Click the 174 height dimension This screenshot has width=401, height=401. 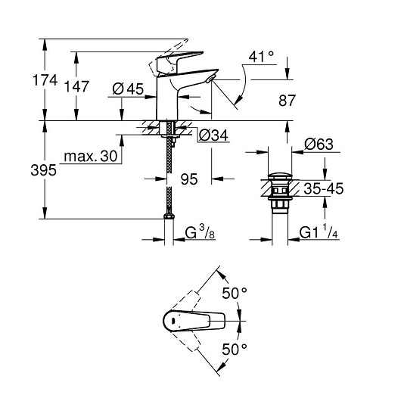[45, 80]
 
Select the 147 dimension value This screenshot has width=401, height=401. [76, 86]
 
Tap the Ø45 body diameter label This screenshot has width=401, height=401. [128, 89]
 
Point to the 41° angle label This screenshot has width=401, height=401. [261, 56]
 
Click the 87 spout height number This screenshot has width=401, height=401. [287, 100]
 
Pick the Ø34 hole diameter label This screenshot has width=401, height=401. [213, 135]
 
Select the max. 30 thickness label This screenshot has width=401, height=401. [91, 156]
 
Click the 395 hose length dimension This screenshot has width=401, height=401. [43, 170]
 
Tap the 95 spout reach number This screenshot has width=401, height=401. [189, 179]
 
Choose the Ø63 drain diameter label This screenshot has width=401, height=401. [319, 145]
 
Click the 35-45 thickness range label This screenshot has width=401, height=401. [324, 188]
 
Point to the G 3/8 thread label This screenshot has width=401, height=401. [200, 233]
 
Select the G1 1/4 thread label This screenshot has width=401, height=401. [319, 232]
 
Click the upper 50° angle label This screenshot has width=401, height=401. [235, 293]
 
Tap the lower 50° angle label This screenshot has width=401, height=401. [235, 349]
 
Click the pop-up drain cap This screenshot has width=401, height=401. [280, 176]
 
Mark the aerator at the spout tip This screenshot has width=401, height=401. [210, 79]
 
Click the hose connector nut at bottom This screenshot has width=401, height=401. [169, 216]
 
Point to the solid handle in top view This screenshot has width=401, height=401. [194, 321]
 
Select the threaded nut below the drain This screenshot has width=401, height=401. [280, 204]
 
